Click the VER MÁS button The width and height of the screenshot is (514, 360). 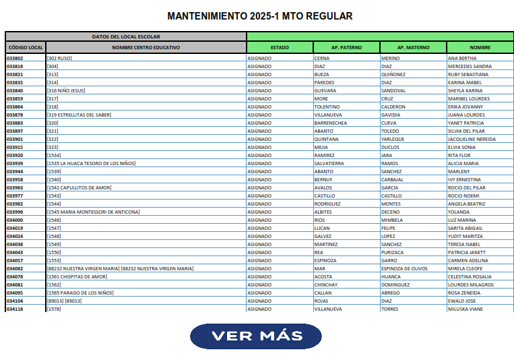tap(256, 336)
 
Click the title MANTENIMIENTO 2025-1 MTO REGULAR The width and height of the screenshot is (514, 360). tap(259, 16)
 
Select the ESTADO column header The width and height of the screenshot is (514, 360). tap(280, 48)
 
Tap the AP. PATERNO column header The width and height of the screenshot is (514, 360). tap(346, 48)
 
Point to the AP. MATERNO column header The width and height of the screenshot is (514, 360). tap(413, 48)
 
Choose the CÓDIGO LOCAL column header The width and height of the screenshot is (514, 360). tap(26, 48)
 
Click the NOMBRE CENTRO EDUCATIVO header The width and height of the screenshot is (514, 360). tap(146, 48)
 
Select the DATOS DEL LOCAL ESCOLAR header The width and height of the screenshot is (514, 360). tap(126, 36)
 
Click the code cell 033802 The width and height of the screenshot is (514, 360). tap(15, 59)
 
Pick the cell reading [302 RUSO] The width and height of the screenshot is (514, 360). tap(59, 59)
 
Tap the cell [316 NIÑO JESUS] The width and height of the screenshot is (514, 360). tap(66, 91)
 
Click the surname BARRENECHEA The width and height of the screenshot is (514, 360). tap(331, 123)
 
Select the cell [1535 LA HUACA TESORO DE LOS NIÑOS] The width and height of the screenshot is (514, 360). tap(92, 164)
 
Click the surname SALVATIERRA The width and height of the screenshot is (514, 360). tap(329, 164)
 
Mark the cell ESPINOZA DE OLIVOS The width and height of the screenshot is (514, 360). tap(404, 269)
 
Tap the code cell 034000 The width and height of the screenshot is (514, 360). tap(15, 220)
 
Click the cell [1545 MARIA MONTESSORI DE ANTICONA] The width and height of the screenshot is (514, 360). tap(94, 212)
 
